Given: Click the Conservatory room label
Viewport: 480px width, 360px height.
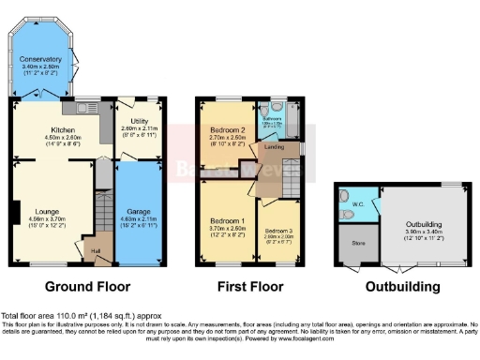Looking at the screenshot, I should coord(39,59).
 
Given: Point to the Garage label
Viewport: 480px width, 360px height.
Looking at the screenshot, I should coord(139,212).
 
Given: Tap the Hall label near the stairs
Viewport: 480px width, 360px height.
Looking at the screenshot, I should coord(95,251).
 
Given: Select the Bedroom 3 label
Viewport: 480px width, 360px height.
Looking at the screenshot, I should coord(277,230).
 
